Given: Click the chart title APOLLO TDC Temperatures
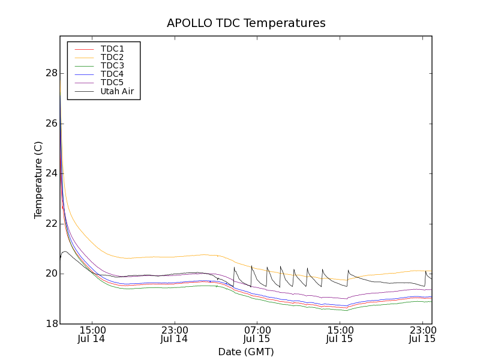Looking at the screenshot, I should (x=246, y=23).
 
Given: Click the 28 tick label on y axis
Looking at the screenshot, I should (x=51, y=73).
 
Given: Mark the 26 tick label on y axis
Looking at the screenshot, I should (x=51, y=124).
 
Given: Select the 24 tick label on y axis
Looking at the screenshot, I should (x=51, y=173).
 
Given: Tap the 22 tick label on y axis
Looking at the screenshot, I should (x=51, y=224).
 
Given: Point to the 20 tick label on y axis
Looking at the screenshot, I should (x=51, y=274).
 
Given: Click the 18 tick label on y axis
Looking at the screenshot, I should (x=51, y=324).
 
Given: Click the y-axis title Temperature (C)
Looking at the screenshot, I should (x=38, y=180).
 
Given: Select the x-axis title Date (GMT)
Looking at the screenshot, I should (x=246, y=352).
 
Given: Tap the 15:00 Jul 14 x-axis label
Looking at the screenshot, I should (x=92, y=334).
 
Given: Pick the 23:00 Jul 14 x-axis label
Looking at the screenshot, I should (x=175, y=334).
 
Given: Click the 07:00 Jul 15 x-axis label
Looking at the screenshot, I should (x=257, y=334).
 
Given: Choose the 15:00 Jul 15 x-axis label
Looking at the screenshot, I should (x=340, y=334).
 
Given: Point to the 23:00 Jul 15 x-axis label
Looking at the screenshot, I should (x=422, y=334).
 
